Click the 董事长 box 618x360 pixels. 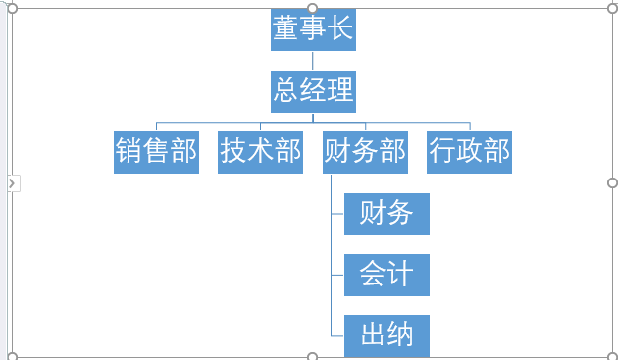click(313, 29)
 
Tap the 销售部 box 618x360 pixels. click(156, 152)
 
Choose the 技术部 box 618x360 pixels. click(260, 152)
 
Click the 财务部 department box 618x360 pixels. click(365, 152)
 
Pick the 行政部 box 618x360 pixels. click(469, 152)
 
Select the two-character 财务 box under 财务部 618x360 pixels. click(386, 213)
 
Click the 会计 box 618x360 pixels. click(386, 274)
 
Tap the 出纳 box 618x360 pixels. click(386, 334)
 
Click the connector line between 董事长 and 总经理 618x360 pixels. click(313, 60)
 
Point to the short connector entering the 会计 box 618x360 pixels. click(337, 275)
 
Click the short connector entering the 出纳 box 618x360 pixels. click(337, 335)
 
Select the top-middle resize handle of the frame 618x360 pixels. click(313, 8)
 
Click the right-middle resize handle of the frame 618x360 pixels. click(613, 183)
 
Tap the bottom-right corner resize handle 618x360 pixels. click(613, 356)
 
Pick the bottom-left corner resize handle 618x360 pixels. click(12, 356)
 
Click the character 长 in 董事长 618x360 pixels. click(339, 29)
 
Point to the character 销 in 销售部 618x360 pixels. click(129, 152)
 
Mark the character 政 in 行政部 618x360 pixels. click(469, 152)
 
